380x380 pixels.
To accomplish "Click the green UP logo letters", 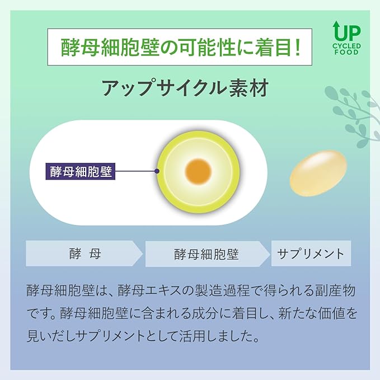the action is (347, 32).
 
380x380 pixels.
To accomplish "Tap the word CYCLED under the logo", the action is (346, 46).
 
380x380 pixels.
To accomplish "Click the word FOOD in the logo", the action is (346, 52).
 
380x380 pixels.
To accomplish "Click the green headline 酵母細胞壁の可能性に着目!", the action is (180, 47).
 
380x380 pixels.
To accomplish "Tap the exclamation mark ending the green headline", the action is (298, 47).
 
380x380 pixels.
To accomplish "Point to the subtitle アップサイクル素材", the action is (185, 88).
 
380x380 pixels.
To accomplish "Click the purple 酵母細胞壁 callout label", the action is (81, 171).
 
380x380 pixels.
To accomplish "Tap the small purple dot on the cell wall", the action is (157, 171).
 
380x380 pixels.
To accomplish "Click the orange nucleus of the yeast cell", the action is (198, 171).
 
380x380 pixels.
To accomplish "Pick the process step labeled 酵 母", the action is (84, 254).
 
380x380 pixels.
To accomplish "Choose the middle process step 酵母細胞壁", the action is (207, 254).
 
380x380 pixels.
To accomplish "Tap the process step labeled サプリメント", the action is (311, 254).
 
